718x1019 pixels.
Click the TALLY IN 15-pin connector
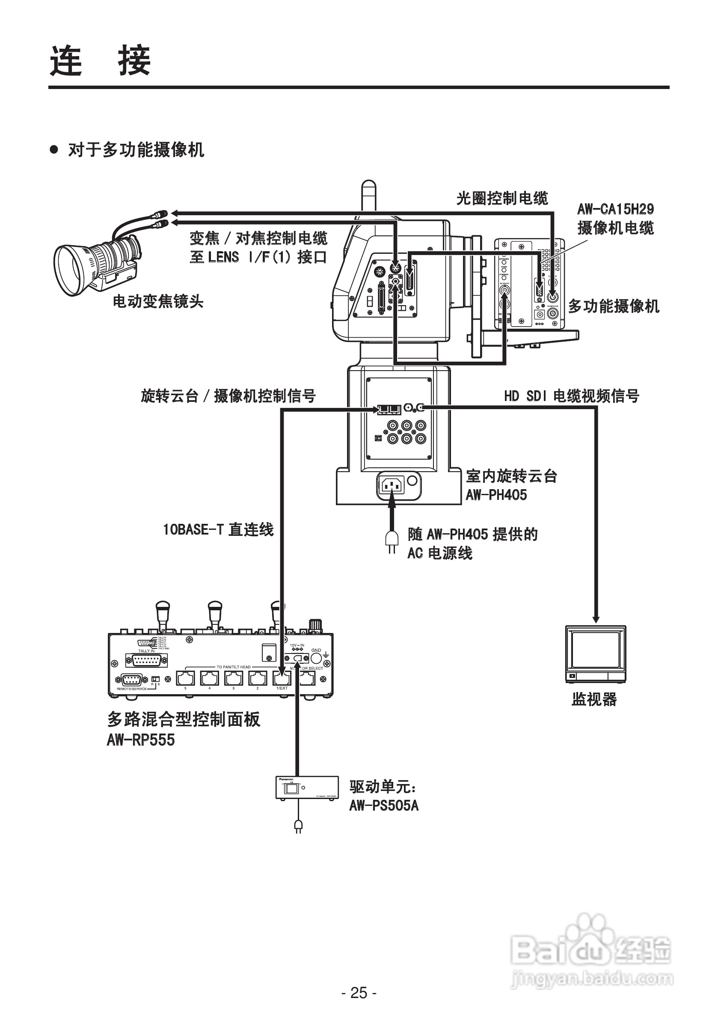pyautogui.click(x=146, y=660)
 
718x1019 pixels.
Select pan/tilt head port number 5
pyautogui.click(x=186, y=678)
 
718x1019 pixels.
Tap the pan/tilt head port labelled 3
pyautogui.click(x=234, y=678)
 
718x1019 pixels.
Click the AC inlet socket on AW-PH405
pyautogui.click(x=392, y=486)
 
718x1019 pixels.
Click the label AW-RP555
pyautogui.click(x=141, y=740)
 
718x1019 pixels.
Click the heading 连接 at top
pyautogui.click(x=100, y=61)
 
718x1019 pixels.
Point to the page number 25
pyautogui.click(x=359, y=992)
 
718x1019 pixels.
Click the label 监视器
pyautogui.click(x=594, y=699)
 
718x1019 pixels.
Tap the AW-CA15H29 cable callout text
pyautogui.click(x=615, y=218)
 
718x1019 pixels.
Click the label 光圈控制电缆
pyautogui.click(x=502, y=198)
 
